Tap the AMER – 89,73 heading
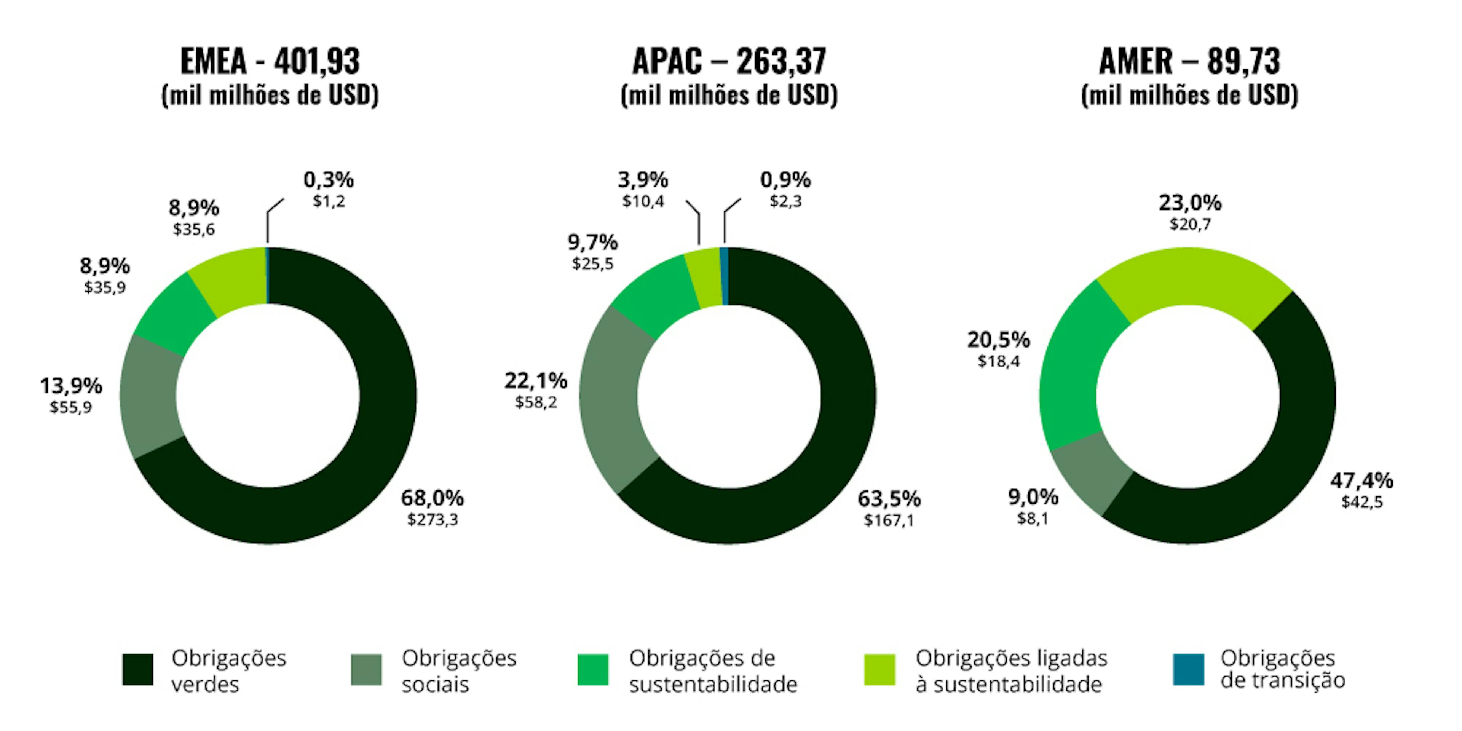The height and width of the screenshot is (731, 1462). tap(1189, 61)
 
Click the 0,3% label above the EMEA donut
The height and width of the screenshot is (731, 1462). tap(329, 180)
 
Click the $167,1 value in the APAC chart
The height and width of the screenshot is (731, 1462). tap(889, 520)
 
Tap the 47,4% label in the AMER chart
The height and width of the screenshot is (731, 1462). tap(1361, 481)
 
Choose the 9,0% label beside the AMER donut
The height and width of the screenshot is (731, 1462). tap(1033, 497)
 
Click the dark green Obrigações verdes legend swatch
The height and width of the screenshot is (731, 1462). tap(138, 670)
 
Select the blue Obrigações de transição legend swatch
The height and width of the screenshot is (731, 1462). tap(1188, 670)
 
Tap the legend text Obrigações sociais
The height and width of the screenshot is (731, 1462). tap(458, 671)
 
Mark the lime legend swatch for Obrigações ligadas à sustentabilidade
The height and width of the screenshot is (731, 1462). tap(880, 670)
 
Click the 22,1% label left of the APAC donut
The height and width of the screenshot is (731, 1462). tap(536, 381)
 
